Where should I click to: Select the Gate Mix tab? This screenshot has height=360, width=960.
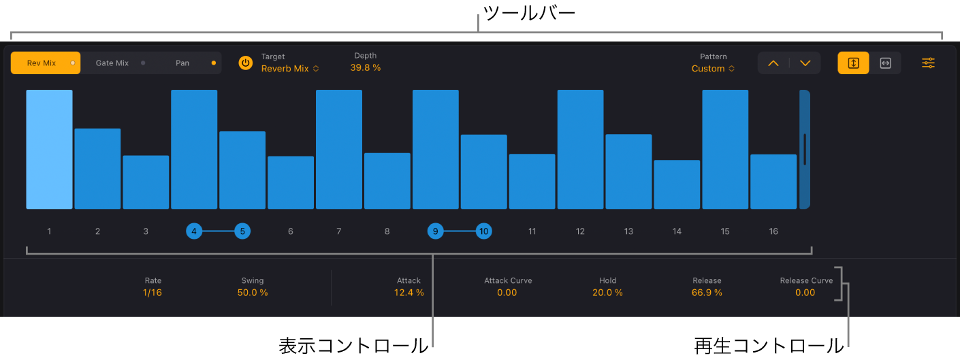(x=112, y=63)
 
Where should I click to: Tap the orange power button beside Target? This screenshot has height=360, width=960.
(x=245, y=63)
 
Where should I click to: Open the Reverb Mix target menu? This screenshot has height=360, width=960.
(x=290, y=69)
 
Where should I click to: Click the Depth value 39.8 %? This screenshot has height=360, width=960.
(x=366, y=67)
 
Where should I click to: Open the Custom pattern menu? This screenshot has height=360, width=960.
(x=713, y=69)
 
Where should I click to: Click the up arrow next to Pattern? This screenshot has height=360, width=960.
(x=773, y=63)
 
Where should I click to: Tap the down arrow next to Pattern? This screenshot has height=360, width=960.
(x=805, y=63)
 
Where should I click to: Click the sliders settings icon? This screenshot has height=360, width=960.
(x=929, y=63)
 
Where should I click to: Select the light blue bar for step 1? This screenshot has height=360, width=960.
(x=49, y=149)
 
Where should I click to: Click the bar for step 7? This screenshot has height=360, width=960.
(x=339, y=149)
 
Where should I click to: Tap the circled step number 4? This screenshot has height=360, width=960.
(x=194, y=231)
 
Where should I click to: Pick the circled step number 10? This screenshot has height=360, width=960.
(x=483, y=231)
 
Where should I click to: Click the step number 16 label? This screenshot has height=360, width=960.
(x=773, y=231)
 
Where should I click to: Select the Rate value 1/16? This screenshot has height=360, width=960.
(x=153, y=293)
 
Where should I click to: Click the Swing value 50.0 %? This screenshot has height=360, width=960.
(x=253, y=293)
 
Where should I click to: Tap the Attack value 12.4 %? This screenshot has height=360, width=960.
(x=409, y=293)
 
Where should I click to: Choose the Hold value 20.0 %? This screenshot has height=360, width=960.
(x=607, y=293)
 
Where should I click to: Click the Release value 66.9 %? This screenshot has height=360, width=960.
(x=707, y=293)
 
